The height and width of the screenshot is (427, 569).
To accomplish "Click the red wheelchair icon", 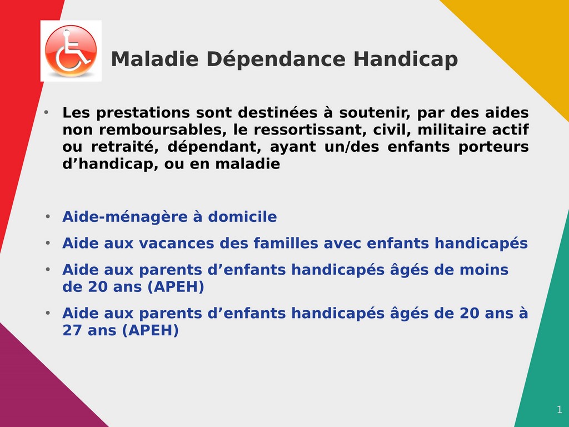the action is pos(71,51).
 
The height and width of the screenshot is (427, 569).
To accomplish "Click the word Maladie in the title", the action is pos(155,59).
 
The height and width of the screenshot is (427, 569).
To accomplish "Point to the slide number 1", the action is pos(559,410).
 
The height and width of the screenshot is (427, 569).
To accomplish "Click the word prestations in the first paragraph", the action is pos(143,113).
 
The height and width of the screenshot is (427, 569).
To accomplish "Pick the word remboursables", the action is pos(162,130).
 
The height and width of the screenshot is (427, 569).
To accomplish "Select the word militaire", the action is pos(451,130).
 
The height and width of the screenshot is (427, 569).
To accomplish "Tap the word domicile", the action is pos(242,216).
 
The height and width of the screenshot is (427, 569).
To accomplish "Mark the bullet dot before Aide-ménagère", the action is pos(48,217).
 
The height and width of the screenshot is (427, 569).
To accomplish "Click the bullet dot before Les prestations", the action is pos(46,112).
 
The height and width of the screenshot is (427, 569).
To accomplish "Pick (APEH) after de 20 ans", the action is pos(176,287).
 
